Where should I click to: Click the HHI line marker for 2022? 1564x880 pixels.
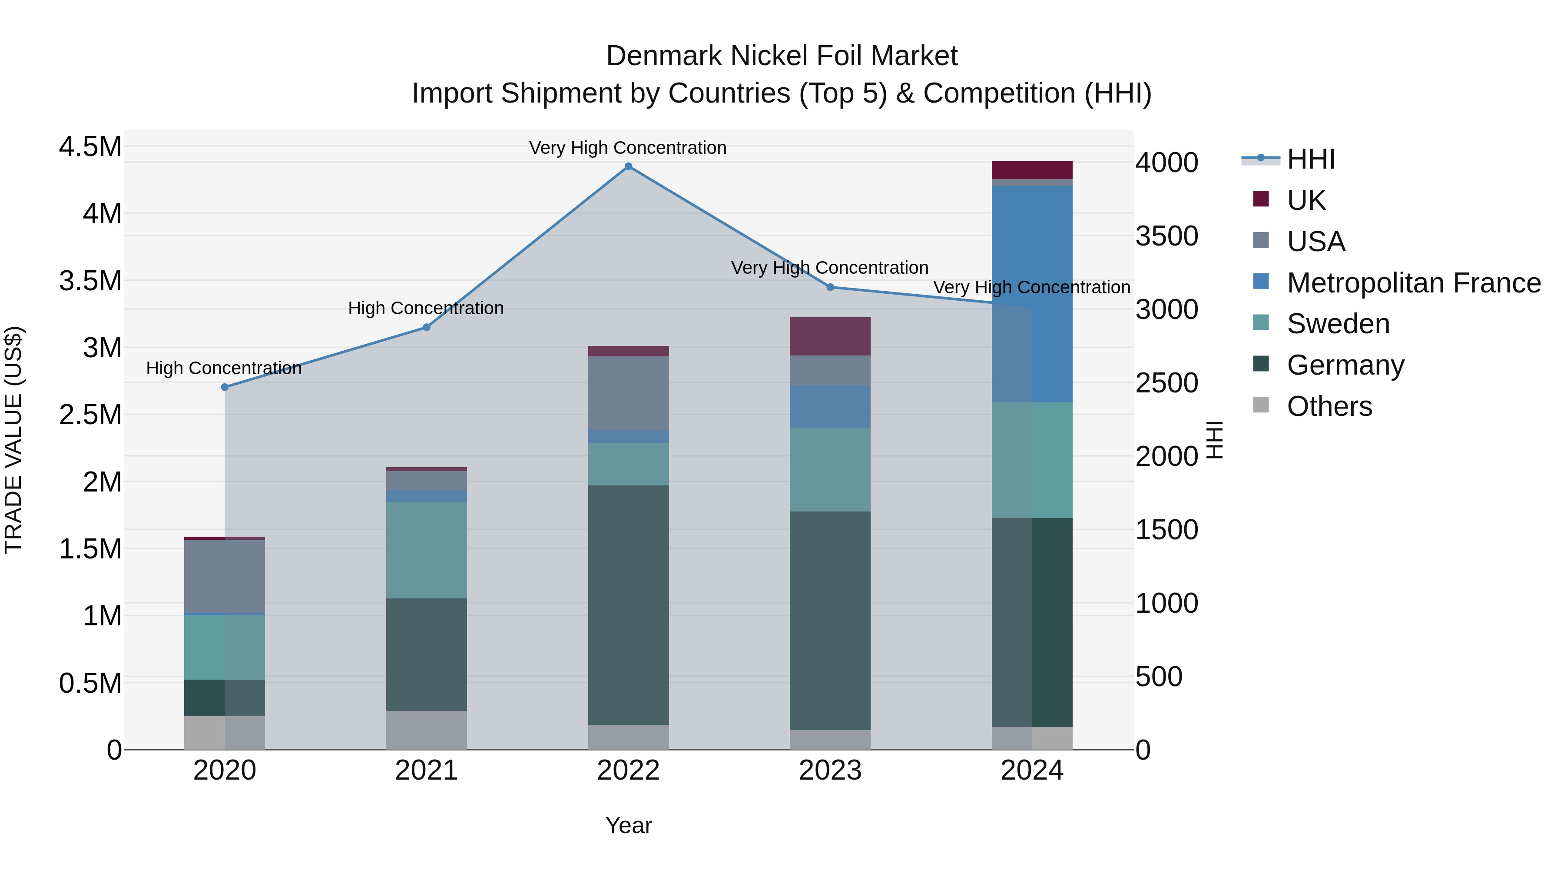tap(628, 166)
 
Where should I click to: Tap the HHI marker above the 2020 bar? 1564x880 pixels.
tap(225, 387)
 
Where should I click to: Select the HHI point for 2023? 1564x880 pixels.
tap(830, 287)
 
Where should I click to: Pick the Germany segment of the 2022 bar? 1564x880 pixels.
tap(628, 604)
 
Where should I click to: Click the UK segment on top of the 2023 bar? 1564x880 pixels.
tap(830, 336)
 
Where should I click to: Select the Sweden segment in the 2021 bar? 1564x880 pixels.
tap(426, 550)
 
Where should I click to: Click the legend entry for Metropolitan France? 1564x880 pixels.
tap(1413, 283)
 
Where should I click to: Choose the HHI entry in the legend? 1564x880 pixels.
tap(1310, 159)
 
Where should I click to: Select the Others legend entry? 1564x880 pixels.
tap(1329, 406)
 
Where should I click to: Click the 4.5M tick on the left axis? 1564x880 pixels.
tap(90, 147)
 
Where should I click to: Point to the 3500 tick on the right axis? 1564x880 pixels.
tap(1166, 236)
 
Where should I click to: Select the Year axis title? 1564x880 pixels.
tap(628, 825)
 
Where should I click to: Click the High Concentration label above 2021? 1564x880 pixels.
tap(426, 308)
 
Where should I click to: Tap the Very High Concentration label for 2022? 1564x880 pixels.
tap(627, 148)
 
